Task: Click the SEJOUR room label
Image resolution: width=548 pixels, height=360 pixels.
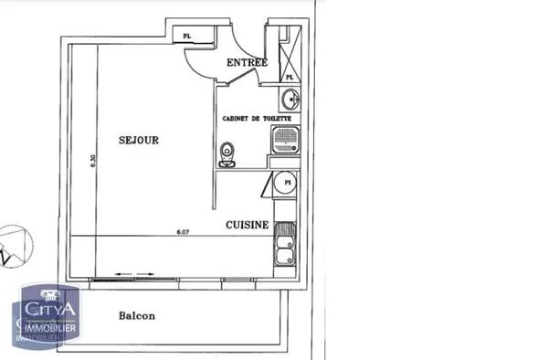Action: click(x=139, y=141)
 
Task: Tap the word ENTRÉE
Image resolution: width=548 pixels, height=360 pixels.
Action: click(x=246, y=63)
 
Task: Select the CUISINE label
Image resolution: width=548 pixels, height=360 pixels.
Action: click(x=247, y=225)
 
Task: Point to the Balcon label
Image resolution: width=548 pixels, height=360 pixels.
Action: click(x=137, y=316)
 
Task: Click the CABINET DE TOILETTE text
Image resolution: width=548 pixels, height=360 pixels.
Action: click(x=256, y=119)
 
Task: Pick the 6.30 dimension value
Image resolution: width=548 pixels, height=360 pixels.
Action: click(x=92, y=161)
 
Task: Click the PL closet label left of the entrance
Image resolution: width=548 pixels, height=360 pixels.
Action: click(x=187, y=37)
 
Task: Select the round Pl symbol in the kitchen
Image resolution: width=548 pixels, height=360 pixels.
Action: click(x=287, y=184)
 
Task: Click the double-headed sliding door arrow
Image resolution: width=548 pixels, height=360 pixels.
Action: click(x=132, y=272)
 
